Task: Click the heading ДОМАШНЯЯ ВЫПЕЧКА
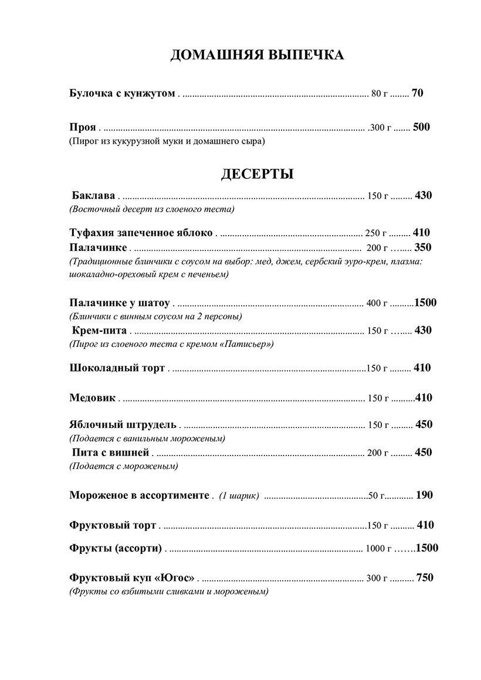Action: point(257,56)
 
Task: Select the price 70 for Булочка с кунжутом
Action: point(418,93)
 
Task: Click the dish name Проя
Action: point(82,127)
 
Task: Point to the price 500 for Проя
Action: point(421,127)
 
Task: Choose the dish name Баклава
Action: point(93,196)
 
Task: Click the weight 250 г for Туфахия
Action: point(376,233)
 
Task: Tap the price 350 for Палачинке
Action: point(422,247)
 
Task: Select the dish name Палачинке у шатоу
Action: point(119,303)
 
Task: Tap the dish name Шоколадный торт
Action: point(117,368)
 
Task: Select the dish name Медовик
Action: point(92,398)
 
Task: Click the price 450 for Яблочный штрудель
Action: point(424,424)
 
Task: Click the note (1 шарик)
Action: point(239,496)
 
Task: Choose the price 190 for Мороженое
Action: point(424,495)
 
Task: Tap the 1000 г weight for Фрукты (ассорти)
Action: point(378,549)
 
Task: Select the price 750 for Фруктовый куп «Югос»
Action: point(425,578)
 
